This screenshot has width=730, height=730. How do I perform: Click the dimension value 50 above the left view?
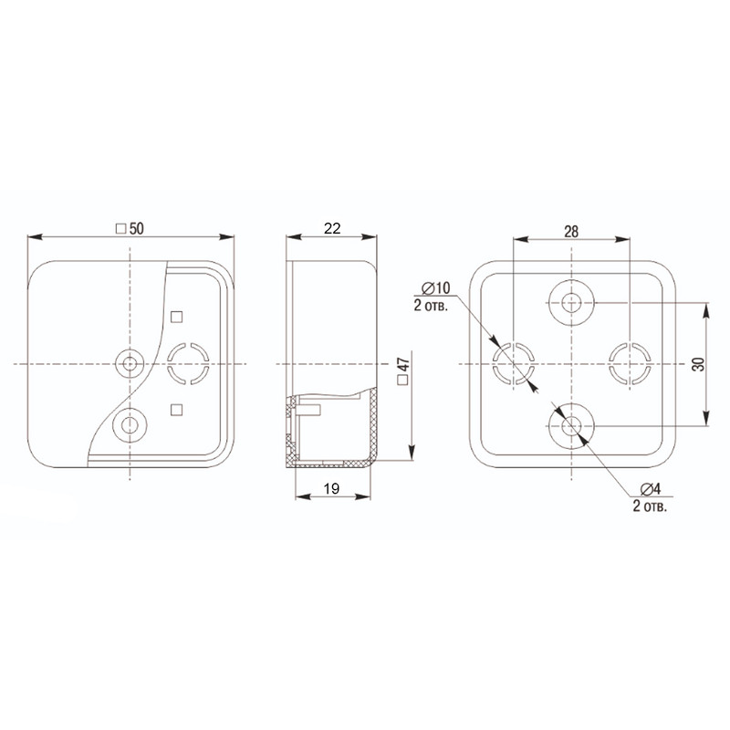[136, 229]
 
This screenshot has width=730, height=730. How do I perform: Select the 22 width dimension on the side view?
[332, 228]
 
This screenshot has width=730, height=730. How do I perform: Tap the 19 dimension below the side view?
[331, 488]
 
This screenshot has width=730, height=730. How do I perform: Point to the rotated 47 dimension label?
[403, 364]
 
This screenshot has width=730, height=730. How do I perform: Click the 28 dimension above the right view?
[571, 232]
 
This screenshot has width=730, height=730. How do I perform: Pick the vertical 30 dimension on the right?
[698, 363]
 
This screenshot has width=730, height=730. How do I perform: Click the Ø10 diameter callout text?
[436, 288]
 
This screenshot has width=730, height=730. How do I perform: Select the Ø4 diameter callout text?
[651, 489]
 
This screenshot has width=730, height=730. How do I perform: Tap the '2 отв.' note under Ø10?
[431, 306]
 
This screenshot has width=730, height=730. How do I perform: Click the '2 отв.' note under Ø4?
[650, 506]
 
